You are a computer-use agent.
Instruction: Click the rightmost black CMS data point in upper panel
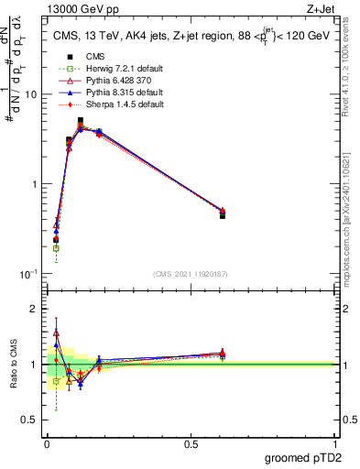pyautogui.click(x=223, y=215)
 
